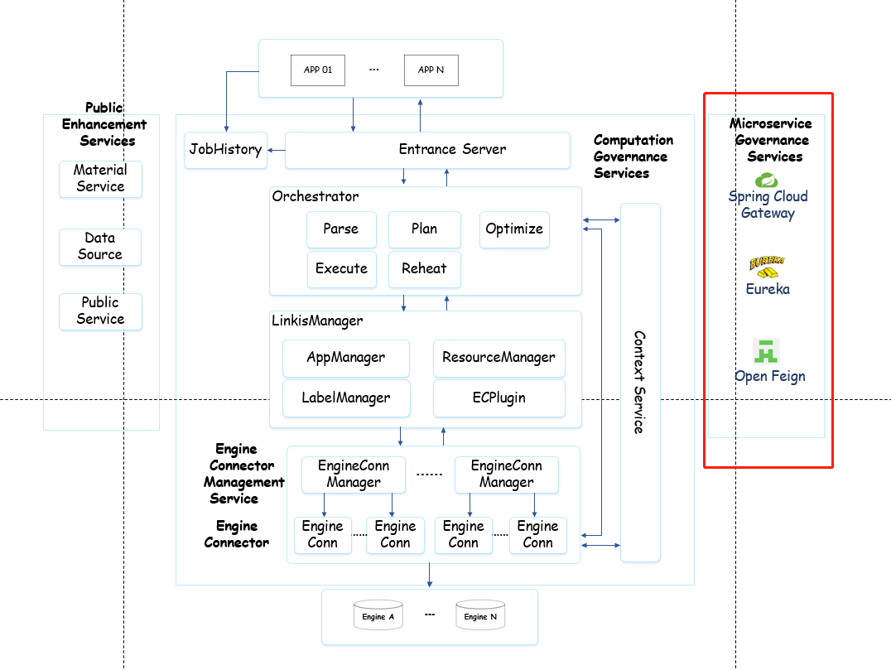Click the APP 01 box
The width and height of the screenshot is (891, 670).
pyautogui.click(x=318, y=70)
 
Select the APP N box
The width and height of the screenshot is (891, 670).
pyautogui.click(x=431, y=70)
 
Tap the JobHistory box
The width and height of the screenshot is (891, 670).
pyautogui.click(x=225, y=150)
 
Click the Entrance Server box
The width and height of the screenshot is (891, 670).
pyautogui.click(x=452, y=150)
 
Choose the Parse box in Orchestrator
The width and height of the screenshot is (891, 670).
pyautogui.click(x=341, y=229)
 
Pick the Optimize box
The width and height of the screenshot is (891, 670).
pyautogui.click(x=514, y=229)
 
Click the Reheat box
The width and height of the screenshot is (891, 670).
pyautogui.click(x=424, y=269)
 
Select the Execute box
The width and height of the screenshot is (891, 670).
pyautogui.click(x=341, y=269)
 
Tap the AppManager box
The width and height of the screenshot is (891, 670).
pyautogui.click(x=346, y=358)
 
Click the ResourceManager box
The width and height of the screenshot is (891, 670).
pyautogui.click(x=498, y=358)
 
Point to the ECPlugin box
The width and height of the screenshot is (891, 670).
pyautogui.click(x=498, y=398)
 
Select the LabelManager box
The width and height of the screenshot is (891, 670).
pyautogui.click(x=346, y=398)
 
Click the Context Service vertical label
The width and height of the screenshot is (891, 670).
pyautogui.click(x=639, y=382)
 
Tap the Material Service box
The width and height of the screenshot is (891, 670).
pyautogui.click(x=100, y=179)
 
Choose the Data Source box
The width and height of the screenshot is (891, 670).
pyautogui.click(x=100, y=247)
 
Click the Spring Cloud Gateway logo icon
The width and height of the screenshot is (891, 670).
pyautogui.click(x=767, y=180)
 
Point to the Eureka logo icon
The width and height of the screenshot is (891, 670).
pyautogui.click(x=767, y=268)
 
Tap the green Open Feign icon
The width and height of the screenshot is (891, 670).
pyautogui.click(x=768, y=351)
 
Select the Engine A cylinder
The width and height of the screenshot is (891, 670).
pyautogui.click(x=378, y=615)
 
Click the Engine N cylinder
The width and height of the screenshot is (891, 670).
pyautogui.click(x=480, y=615)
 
